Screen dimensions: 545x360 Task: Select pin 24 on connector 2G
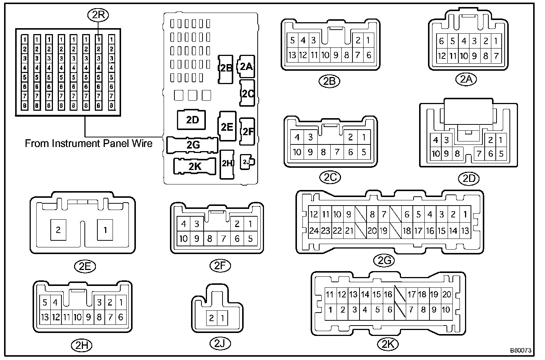(x=314, y=231)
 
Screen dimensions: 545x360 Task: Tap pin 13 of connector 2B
(x=292, y=55)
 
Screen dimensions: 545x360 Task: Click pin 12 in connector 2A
(x=441, y=56)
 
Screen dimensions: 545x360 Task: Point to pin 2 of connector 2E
(x=58, y=230)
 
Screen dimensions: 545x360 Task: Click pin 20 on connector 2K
(x=447, y=294)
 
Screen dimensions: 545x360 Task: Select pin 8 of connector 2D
(x=457, y=153)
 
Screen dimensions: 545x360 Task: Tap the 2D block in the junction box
(x=192, y=120)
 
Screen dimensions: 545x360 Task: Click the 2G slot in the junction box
(x=193, y=145)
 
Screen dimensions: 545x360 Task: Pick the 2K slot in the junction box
(x=194, y=166)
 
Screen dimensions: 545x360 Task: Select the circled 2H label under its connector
(x=81, y=345)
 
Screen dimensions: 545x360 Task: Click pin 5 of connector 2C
(x=364, y=152)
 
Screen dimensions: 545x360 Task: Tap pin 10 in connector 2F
(x=183, y=239)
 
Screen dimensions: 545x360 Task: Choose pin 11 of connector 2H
(x=66, y=317)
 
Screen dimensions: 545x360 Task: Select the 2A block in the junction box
(x=246, y=66)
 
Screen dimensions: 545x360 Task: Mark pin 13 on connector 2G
(x=465, y=231)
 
